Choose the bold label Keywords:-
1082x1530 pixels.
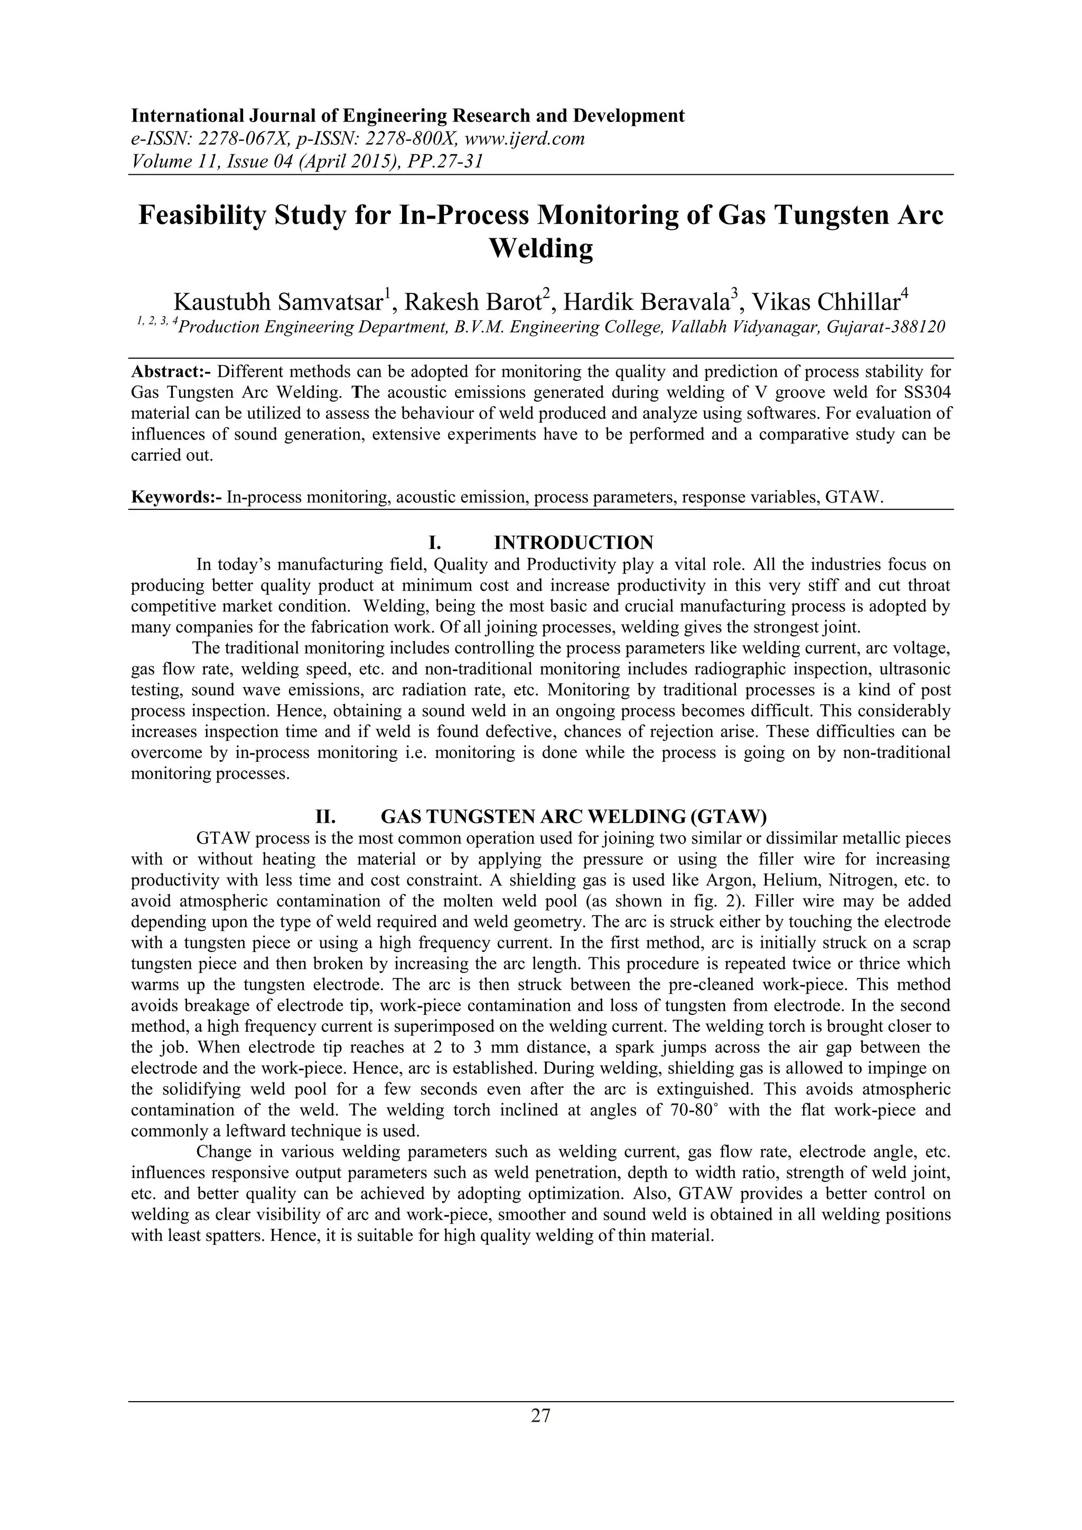coord(176,497)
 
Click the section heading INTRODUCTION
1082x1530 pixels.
coord(573,542)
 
